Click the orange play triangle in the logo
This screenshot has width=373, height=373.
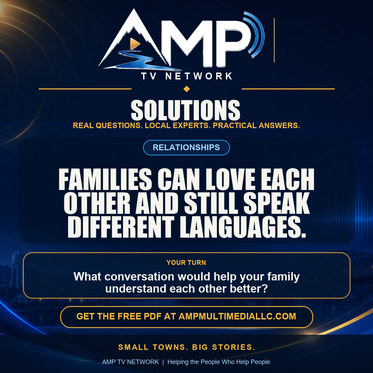[x=134, y=44]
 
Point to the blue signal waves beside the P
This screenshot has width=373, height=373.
[x=256, y=35]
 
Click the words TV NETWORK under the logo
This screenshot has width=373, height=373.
[x=187, y=76]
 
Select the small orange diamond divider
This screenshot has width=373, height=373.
[x=187, y=89]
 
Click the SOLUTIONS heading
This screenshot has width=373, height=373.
[x=185, y=110]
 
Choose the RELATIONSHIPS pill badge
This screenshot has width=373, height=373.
[x=186, y=147]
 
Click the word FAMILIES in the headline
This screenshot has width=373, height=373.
[x=105, y=179]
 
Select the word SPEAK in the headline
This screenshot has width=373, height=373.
[x=276, y=203]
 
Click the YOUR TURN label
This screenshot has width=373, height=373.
[x=186, y=262]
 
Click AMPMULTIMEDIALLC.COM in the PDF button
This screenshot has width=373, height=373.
[x=237, y=316]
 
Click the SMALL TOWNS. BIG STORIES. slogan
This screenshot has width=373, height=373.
[x=187, y=347]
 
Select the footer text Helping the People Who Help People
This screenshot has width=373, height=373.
[x=219, y=362]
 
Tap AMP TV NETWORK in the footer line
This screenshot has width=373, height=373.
[x=131, y=362]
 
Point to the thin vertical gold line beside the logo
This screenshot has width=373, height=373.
[x=274, y=40]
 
